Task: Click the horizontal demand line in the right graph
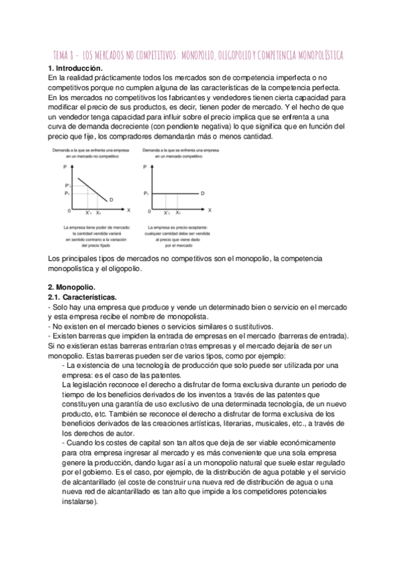point(176,193)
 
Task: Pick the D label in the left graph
point(111,199)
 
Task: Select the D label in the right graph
point(203,193)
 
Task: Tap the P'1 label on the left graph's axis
point(66,185)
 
